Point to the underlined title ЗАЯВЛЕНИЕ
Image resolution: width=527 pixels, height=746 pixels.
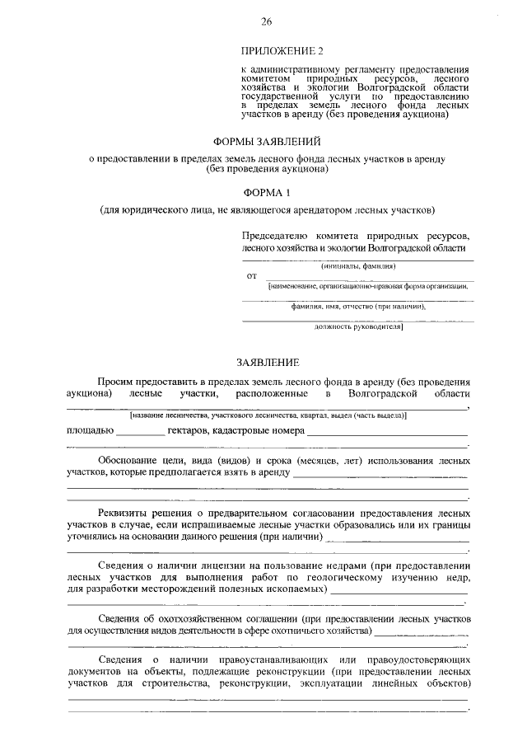pos(268,362)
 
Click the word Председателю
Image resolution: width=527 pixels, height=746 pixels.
pos(277,234)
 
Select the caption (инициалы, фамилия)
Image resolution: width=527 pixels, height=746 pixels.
pos(358,266)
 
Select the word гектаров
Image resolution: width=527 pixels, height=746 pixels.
pos(189,430)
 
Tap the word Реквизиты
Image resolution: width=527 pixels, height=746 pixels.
pos(123,513)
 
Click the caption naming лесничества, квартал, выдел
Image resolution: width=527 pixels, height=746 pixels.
pos(267,415)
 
